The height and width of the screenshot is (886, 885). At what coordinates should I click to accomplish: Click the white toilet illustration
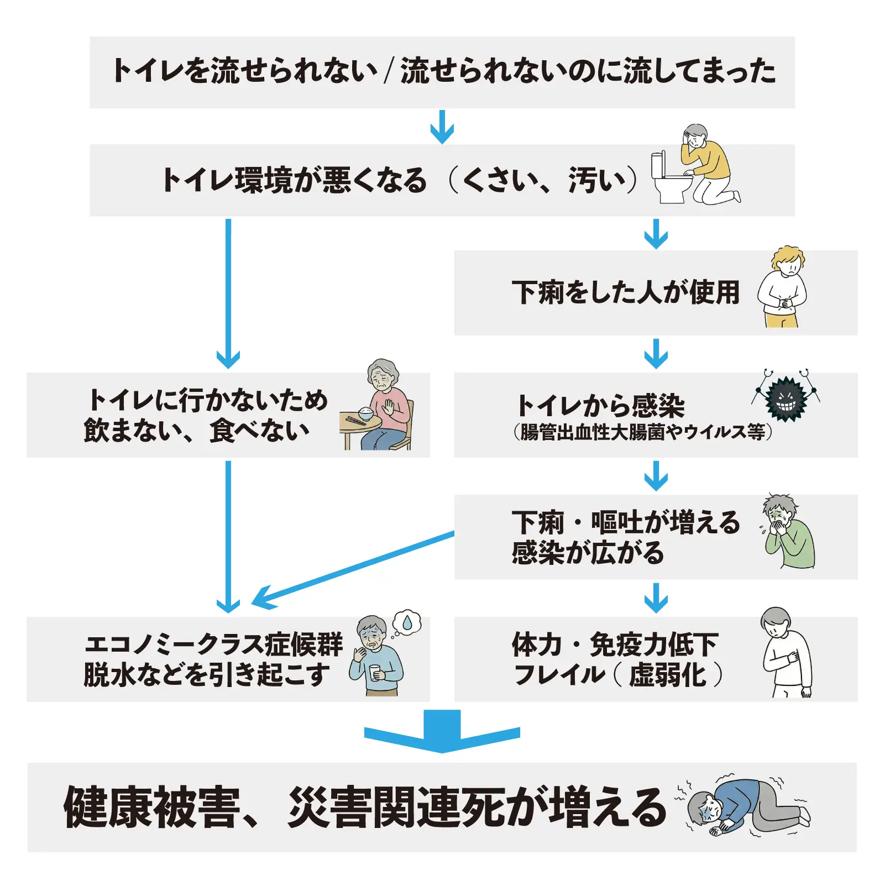coord(669,178)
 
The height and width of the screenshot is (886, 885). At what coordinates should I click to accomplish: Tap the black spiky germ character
coord(785,398)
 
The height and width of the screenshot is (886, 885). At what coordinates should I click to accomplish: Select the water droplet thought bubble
coord(407,623)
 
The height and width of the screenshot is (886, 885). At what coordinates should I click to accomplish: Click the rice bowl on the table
coord(365,412)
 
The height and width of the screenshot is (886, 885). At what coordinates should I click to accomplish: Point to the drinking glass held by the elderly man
coord(375,672)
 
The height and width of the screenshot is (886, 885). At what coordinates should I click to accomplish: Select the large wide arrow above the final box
coord(442,731)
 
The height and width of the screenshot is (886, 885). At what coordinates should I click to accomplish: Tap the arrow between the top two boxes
coord(442,127)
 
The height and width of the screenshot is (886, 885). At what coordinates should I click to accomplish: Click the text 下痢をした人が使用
coord(625,292)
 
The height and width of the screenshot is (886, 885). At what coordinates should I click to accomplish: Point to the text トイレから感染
coord(600,406)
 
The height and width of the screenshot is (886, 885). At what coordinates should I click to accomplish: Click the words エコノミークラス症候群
coord(213,644)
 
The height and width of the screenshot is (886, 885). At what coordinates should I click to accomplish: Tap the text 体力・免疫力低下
coord(615,644)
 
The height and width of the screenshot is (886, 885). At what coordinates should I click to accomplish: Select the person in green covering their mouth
coord(788,533)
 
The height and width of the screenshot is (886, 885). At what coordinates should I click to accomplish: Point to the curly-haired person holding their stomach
coord(782,287)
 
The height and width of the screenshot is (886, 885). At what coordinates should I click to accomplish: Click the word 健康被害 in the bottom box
coord(151,808)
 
